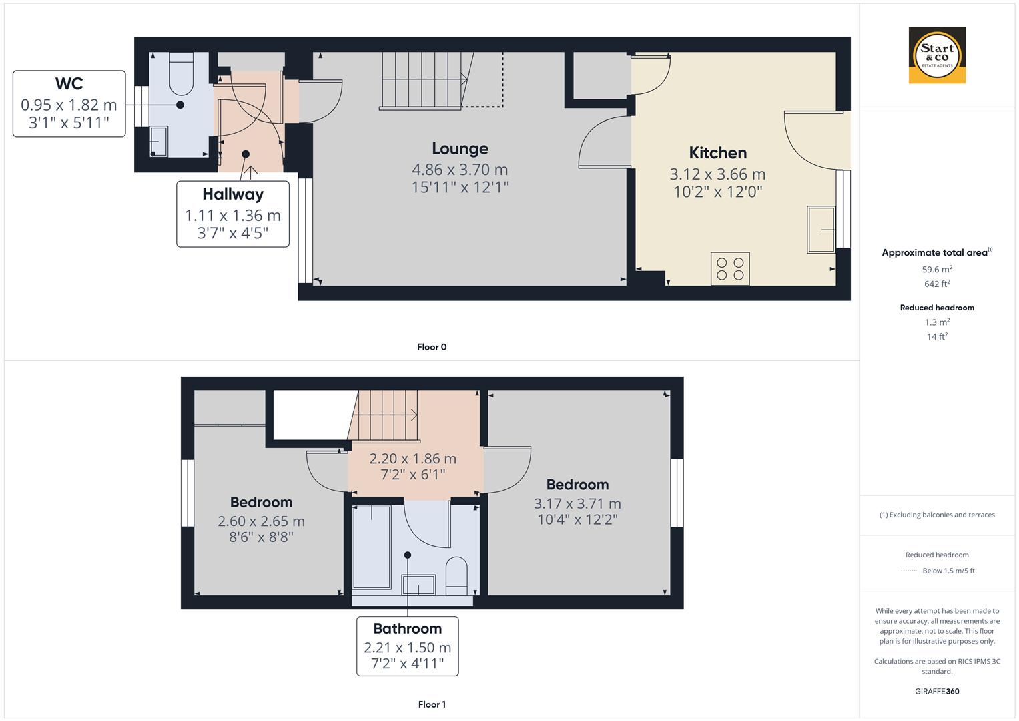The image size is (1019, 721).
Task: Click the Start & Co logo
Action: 937,55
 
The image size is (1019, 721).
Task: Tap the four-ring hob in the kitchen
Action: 730,268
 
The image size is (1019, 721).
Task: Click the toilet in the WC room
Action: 181,74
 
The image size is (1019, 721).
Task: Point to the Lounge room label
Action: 460,148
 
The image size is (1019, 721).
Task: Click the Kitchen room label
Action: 717,153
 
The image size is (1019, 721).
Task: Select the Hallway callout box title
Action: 233,194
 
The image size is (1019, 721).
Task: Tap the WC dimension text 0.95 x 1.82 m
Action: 69,105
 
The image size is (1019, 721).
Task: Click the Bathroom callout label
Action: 407,628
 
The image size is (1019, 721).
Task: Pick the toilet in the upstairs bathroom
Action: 457,575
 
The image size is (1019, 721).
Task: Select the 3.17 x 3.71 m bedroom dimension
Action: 577,503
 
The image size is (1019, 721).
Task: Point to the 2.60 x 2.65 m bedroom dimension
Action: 261,521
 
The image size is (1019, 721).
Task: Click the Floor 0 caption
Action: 432,347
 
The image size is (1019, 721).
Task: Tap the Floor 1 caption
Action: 432,704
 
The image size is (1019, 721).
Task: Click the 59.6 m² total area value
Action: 937,270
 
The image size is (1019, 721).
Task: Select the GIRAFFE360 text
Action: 937,691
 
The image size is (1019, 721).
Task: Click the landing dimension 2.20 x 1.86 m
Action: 412,459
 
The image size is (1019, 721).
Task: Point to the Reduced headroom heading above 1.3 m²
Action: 937,308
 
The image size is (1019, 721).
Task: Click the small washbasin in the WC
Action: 159,141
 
